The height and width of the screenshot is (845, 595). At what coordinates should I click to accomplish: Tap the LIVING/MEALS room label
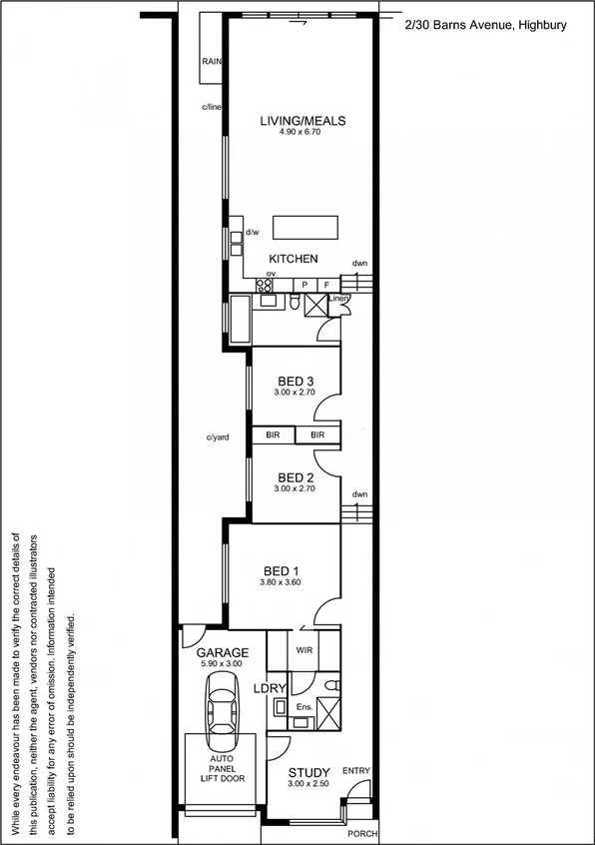301,121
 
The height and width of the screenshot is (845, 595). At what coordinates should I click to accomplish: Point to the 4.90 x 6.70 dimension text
301,133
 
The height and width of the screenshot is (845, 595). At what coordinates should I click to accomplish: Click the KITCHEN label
293,259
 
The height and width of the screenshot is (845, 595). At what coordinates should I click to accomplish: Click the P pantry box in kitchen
304,285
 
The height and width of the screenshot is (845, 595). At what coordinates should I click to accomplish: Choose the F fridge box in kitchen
325,285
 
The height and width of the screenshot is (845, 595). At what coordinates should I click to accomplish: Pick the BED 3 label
296,382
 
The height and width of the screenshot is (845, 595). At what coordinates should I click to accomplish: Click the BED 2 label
296,476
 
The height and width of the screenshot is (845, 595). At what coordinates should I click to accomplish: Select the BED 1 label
296,571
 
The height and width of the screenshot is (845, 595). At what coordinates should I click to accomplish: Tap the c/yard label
219,436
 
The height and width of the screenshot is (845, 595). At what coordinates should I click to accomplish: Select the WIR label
304,649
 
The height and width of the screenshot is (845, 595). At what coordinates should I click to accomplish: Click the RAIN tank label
211,62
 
